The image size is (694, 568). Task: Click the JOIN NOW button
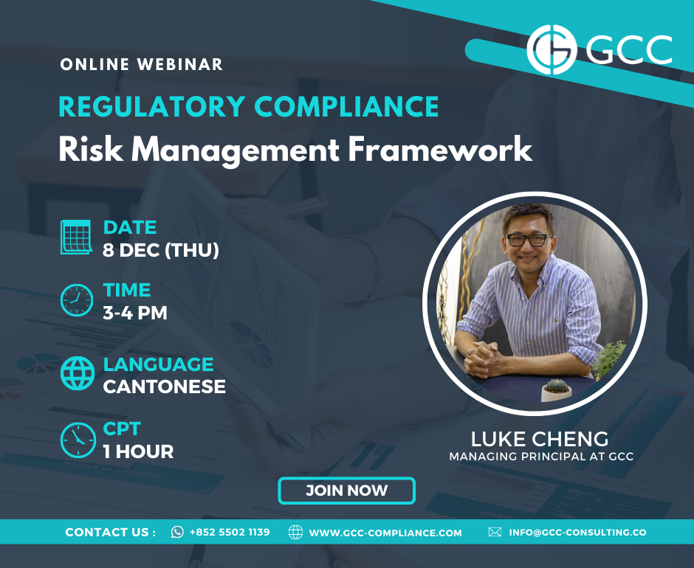tap(346, 490)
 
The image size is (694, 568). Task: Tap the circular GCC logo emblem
tap(552, 49)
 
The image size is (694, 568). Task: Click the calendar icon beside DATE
tap(76, 237)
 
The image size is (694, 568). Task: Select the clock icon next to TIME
tap(77, 300)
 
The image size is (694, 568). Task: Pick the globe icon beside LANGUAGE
tap(78, 373)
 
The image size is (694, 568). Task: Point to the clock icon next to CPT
tap(78, 440)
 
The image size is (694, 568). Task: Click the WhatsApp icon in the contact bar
tap(177, 532)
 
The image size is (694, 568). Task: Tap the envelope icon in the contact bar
tap(495, 532)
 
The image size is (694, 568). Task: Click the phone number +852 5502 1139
tap(230, 532)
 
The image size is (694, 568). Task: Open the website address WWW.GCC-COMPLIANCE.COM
tap(385, 533)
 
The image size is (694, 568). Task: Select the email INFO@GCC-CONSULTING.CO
tap(577, 532)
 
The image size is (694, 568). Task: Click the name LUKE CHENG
tap(540, 439)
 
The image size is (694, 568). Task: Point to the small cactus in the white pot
tap(557, 389)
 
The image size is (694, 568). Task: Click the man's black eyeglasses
tap(528, 240)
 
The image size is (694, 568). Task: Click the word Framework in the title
tap(440, 150)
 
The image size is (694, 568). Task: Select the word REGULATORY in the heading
tap(152, 107)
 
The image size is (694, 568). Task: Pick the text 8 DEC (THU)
tap(161, 250)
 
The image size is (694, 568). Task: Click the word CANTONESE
tap(164, 387)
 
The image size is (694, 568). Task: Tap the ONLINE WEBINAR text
tap(141, 64)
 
